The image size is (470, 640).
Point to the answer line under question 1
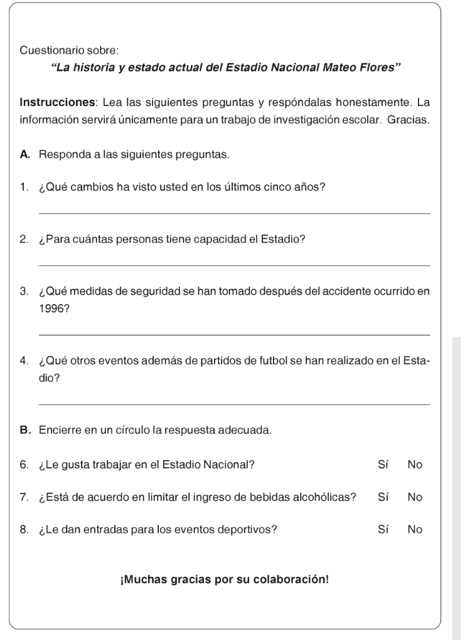coord(234,214)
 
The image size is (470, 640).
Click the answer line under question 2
coord(234,266)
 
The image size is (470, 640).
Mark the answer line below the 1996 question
coord(234,335)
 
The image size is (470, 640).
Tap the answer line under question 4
coord(234,405)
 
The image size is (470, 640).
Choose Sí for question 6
coord(383,464)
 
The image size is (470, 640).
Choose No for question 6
coord(415,464)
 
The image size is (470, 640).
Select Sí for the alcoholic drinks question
coord(383,497)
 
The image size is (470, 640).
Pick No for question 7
coord(415,497)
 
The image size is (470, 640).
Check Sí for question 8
coord(383,529)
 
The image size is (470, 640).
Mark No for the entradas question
coord(415,529)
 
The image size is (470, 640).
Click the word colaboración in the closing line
coord(291,579)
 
